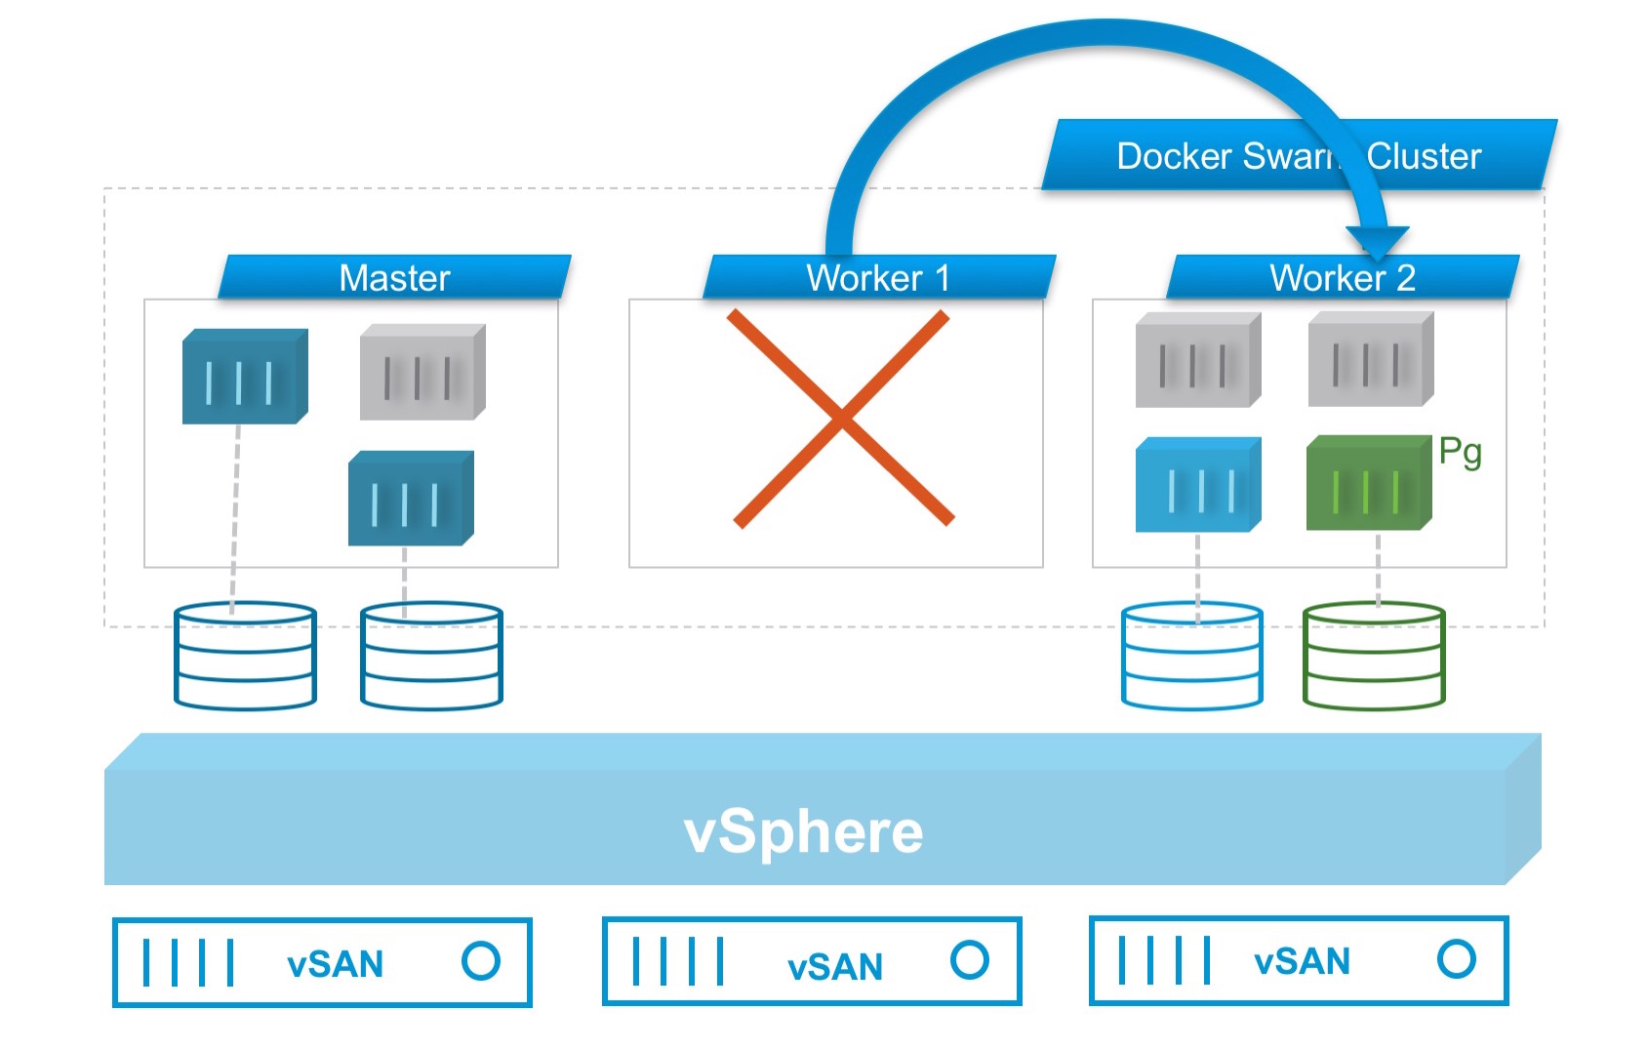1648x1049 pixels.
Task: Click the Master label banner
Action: [394, 277]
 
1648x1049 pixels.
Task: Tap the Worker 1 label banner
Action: [878, 277]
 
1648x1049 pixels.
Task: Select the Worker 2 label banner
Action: [1343, 277]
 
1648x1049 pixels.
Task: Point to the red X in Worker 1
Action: [842, 419]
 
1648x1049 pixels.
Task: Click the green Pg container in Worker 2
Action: [1368, 484]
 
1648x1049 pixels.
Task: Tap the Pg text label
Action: [1460, 452]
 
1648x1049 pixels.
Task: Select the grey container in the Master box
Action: [422, 373]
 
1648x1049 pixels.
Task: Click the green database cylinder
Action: [1373, 656]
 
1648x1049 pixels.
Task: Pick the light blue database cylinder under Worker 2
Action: [1191, 656]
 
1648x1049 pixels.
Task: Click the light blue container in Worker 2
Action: [1197, 486]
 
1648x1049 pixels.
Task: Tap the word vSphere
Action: [803, 832]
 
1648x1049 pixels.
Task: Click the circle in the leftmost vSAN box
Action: [481, 961]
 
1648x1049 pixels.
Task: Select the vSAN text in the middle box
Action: [834, 967]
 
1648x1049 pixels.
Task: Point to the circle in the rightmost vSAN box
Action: [1456, 959]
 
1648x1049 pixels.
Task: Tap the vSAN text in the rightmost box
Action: [1302, 962]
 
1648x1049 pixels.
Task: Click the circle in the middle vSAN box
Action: [969, 960]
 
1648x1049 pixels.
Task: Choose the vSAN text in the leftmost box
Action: [335, 965]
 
